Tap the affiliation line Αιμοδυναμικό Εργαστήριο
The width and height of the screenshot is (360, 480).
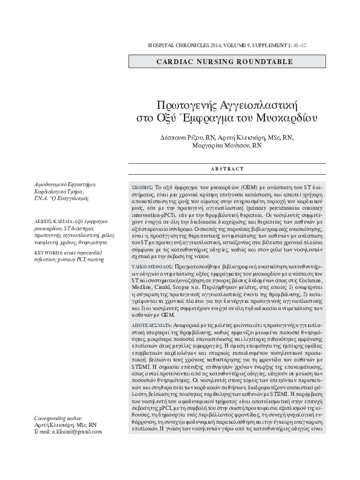click(x=65, y=184)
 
